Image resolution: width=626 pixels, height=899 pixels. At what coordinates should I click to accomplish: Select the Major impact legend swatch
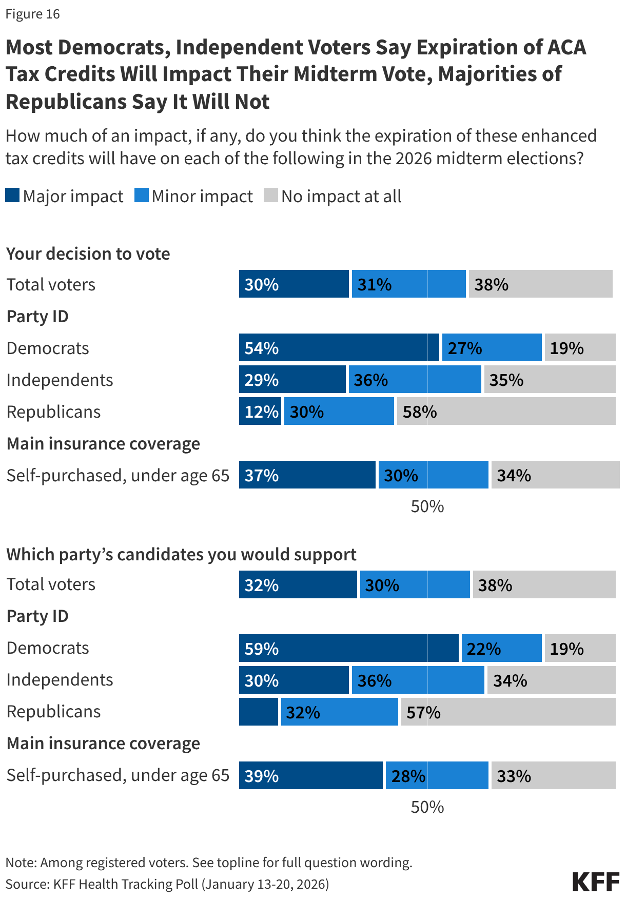click(12, 196)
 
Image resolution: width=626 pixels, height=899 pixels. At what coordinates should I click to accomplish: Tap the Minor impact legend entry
click(193, 196)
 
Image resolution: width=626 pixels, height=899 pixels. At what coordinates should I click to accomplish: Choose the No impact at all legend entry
click(332, 196)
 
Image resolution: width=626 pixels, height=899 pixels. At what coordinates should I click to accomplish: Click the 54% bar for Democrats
click(339, 348)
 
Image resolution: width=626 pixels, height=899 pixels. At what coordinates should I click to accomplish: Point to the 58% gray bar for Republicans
click(506, 412)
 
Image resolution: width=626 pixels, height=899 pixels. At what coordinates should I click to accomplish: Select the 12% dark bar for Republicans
click(260, 412)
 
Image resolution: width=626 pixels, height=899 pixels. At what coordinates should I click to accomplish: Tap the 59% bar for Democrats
click(348, 648)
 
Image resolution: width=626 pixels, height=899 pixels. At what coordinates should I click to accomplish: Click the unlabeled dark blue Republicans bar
click(258, 712)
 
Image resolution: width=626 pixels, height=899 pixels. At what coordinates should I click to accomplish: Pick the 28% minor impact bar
click(437, 775)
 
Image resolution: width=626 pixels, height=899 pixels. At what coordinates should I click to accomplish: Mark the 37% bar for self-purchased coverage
click(307, 475)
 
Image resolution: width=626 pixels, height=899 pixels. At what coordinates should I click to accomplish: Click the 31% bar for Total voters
click(408, 284)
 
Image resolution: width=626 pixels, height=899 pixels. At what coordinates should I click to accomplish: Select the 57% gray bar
click(508, 712)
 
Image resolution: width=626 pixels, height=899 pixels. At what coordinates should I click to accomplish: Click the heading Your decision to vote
click(88, 254)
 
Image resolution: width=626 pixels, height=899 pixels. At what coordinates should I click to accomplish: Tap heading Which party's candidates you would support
click(181, 555)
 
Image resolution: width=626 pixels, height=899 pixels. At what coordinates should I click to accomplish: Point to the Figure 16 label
click(33, 14)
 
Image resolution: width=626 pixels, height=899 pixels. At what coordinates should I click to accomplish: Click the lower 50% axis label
click(427, 807)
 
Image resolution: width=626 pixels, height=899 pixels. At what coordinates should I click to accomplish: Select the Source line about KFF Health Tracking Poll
click(167, 884)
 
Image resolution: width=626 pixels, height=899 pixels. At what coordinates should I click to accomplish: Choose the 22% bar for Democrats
click(501, 648)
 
